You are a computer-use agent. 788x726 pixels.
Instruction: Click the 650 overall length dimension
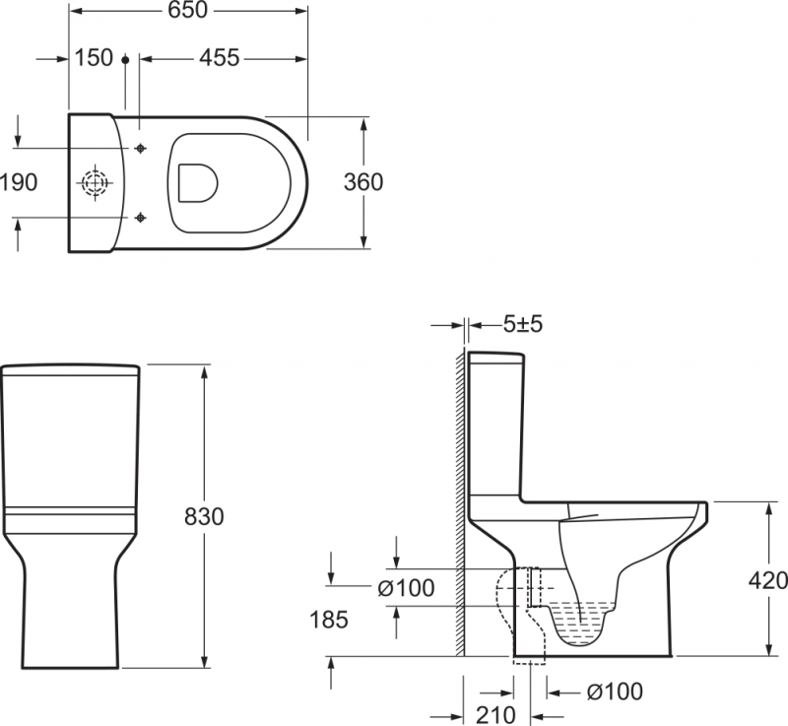[x=187, y=10]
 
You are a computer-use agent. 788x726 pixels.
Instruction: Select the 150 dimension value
[x=94, y=58]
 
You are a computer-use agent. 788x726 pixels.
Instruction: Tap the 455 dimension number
[x=219, y=58]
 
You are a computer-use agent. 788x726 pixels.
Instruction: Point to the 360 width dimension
[x=362, y=182]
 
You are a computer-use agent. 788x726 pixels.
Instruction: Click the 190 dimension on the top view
[x=19, y=182]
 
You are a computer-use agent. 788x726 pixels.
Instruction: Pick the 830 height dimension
[x=204, y=516]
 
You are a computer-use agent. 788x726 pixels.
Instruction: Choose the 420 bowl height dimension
[x=768, y=581]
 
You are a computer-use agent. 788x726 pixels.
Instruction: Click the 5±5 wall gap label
[x=523, y=324]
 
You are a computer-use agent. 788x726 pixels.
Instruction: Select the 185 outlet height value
[x=329, y=620]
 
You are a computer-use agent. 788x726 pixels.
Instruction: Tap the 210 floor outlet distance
[x=495, y=715]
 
